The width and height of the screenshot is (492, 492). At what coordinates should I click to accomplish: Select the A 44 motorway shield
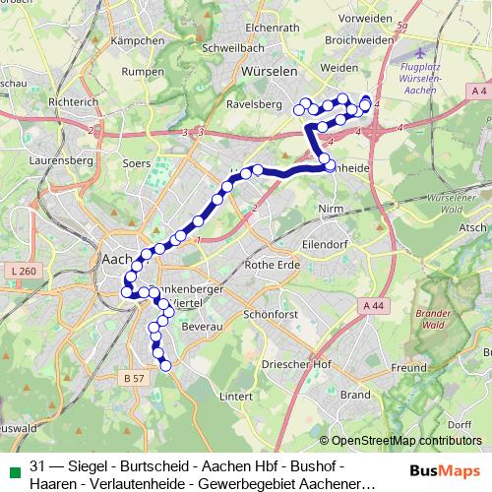tap(373, 306)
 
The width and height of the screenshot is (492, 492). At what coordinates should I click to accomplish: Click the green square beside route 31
tap(11, 465)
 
